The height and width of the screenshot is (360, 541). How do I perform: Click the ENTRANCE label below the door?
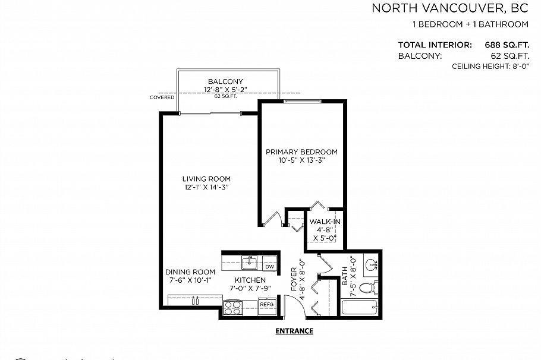pyautogui.click(x=294, y=331)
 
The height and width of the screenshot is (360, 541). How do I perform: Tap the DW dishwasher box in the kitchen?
pyautogui.click(x=269, y=266)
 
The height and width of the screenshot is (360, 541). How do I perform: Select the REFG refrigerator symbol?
pyautogui.click(x=267, y=304)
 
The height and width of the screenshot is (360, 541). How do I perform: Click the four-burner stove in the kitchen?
pyautogui.click(x=232, y=307)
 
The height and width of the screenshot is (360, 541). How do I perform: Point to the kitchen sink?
pyautogui.click(x=250, y=262)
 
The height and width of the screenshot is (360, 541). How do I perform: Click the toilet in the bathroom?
pyautogui.click(x=369, y=289)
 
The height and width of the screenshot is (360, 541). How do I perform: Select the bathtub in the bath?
pyautogui.click(x=360, y=308)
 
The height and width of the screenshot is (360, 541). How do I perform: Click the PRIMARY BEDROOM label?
pyautogui.click(x=301, y=151)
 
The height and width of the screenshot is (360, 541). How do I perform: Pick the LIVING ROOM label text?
pyautogui.click(x=206, y=179)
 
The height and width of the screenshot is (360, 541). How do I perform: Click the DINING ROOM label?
pyautogui.click(x=190, y=272)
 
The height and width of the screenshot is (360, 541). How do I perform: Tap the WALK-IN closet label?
pyautogui.click(x=325, y=222)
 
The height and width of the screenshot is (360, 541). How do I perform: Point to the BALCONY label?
pyautogui.click(x=225, y=81)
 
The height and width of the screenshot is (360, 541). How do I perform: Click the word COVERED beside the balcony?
pyautogui.click(x=162, y=97)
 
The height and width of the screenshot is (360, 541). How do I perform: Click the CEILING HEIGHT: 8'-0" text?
pyautogui.click(x=490, y=67)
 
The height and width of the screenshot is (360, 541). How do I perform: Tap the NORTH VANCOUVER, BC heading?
pyautogui.click(x=450, y=8)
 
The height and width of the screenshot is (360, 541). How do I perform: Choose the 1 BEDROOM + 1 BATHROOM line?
pyautogui.click(x=470, y=24)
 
